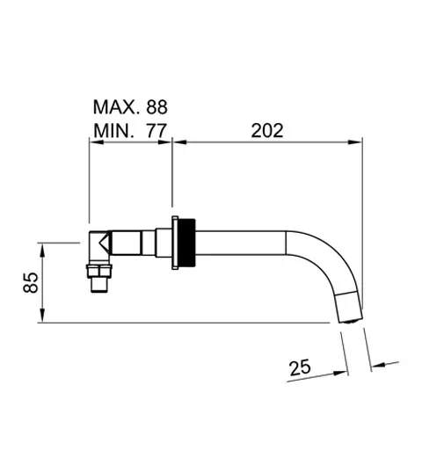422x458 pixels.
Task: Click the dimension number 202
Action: pos(266,130)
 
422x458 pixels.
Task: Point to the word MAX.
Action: pos(113,108)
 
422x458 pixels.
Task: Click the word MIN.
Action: pos(113,131)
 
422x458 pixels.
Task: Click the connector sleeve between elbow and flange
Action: pos(141,239)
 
